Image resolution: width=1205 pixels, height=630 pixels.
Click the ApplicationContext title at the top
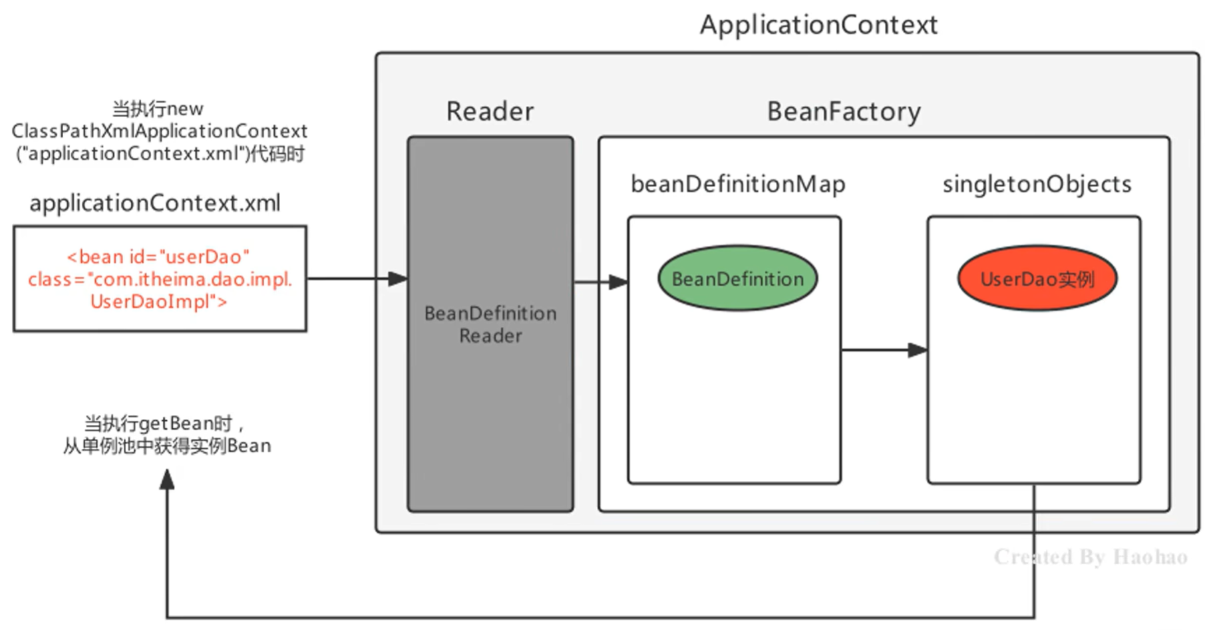point(818,25)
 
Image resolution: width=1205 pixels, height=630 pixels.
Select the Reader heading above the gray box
point(490,111)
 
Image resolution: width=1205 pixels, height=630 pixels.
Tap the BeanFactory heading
point(844,111)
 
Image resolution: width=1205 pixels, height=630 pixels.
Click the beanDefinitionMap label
point(738,184)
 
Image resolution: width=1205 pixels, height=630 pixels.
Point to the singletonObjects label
point(1037,184)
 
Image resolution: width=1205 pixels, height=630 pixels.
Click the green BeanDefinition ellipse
point(738,278)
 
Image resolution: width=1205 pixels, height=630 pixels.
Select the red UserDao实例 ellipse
point(1037,278)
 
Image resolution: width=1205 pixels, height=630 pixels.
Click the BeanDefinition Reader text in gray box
point(490,324)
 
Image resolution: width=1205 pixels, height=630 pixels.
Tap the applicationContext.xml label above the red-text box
point(155,203)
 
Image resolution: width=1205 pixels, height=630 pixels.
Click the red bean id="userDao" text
point(158,256)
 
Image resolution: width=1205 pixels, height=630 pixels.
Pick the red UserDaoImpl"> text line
point(158,302)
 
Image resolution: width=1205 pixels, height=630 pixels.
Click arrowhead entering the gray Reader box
point(398,278)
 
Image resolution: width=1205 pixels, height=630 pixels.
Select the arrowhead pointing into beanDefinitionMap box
point(618,282)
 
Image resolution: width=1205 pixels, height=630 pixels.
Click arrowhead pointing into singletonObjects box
point(918,350)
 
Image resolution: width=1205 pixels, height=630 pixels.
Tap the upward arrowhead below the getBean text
point(167,479)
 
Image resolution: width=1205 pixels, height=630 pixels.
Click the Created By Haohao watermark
point(1091,557)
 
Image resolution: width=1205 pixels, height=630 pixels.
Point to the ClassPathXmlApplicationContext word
point(159,131)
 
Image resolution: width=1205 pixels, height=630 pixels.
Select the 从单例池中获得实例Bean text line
point(167,446)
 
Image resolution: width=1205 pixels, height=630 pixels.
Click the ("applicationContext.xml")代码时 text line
point(160,154)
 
